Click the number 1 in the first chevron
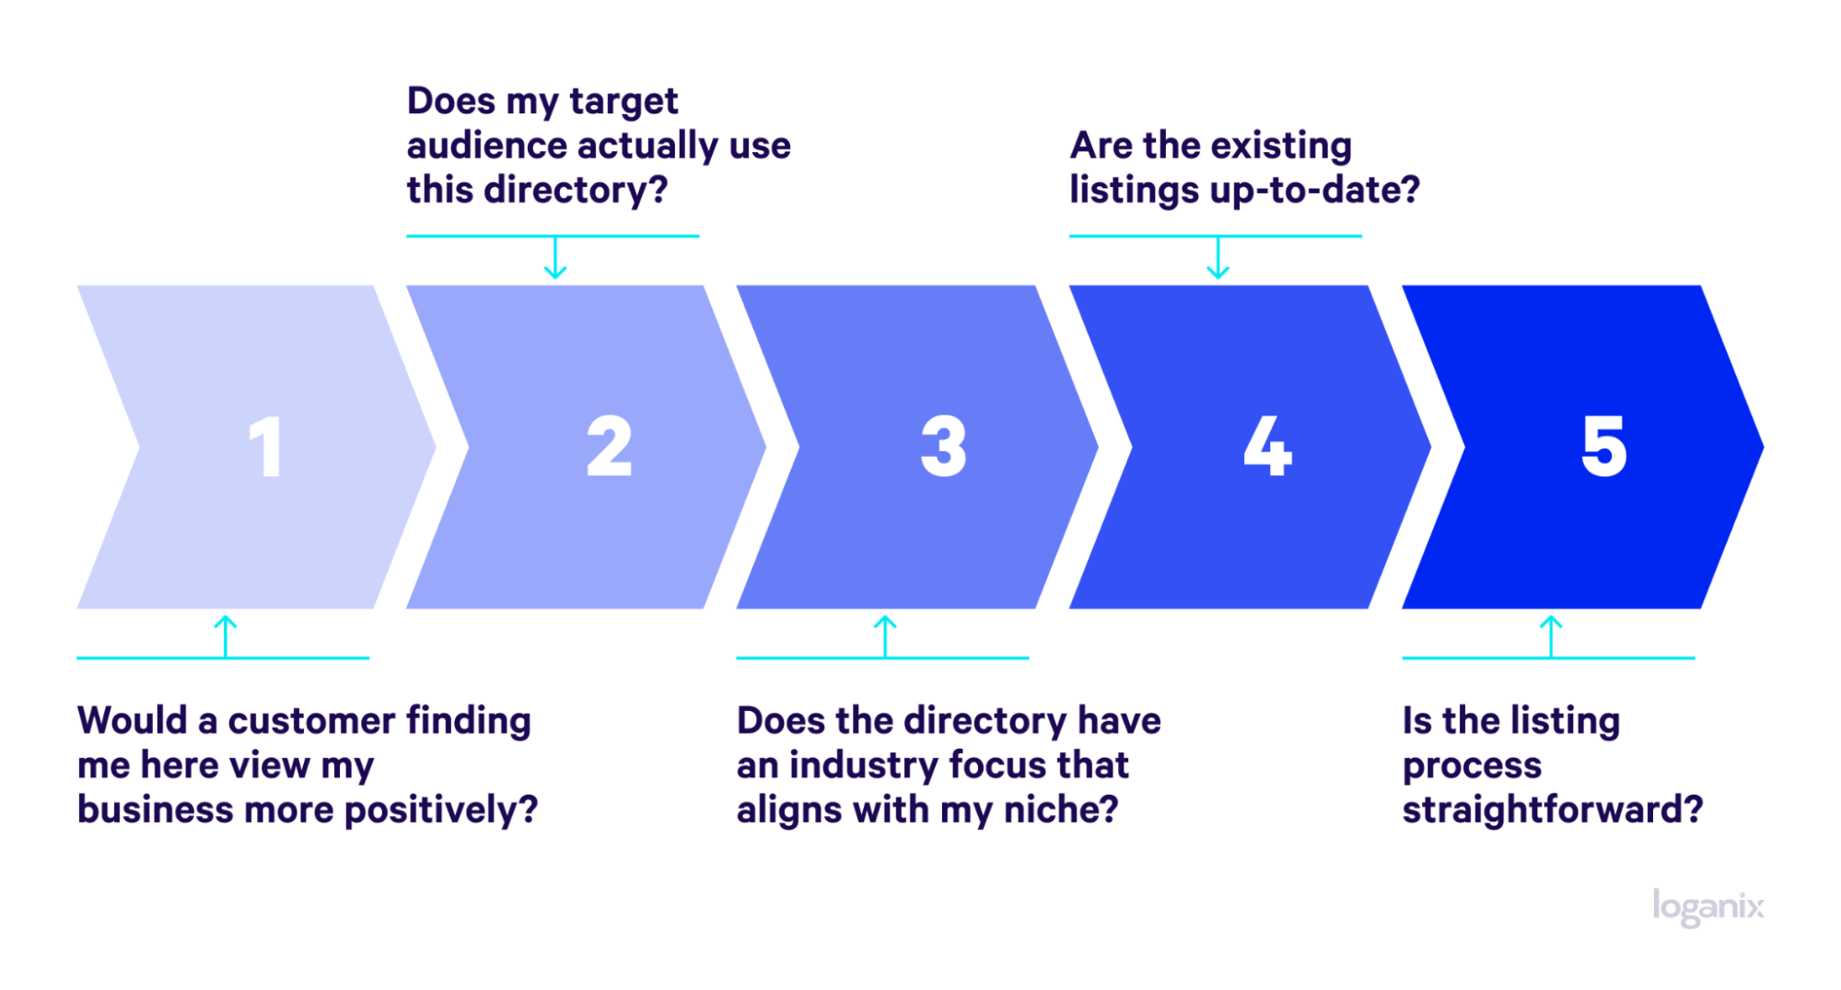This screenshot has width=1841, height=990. (x=265, y=447)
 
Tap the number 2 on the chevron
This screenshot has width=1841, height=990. (x=610, y=447)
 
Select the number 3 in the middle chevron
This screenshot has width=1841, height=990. (x=944, y=447)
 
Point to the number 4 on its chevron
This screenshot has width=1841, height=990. (x=1268, y=447)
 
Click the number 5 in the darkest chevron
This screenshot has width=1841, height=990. (x=1604, y=447)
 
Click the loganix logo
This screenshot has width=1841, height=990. (x=1708, y=907)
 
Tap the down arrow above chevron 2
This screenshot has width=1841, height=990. (x=555, y=258)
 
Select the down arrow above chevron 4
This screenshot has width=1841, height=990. (x=1218, y=258)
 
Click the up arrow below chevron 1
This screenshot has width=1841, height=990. (x=226, y=636)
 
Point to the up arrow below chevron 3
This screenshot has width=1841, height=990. (x=885, y=636)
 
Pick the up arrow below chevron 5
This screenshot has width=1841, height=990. (x=1551, y=636)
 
